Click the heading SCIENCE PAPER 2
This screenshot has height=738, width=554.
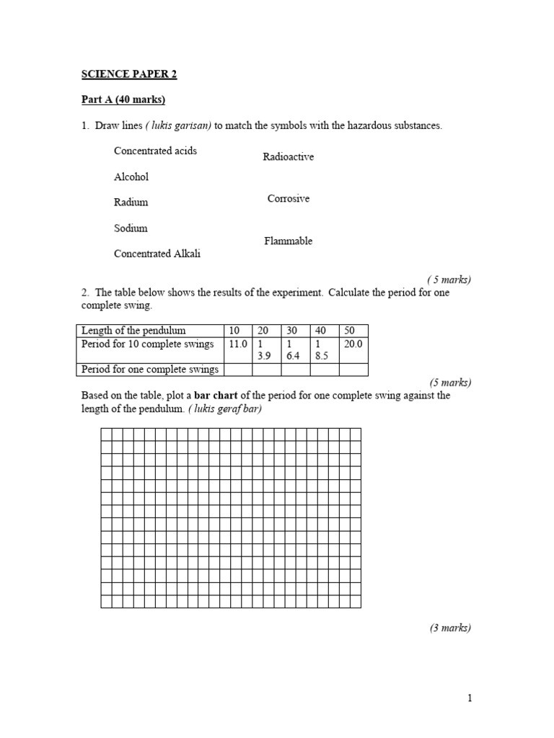(128, 74)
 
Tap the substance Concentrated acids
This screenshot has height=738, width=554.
(155, 151)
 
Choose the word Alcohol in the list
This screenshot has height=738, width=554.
(131, 177)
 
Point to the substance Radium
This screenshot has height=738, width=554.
(131, 203)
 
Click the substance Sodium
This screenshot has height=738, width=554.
(131, 228)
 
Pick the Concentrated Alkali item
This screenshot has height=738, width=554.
(157, 254)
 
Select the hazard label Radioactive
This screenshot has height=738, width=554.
(288, 157)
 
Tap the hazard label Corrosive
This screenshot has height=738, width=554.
(288, 199)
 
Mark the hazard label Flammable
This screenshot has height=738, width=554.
(288, 241)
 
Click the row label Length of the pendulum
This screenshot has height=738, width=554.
(133, 331)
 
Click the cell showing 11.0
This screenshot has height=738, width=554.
(237, 344)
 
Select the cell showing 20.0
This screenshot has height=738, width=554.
(353, 344)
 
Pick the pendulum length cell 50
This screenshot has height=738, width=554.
(350, 331)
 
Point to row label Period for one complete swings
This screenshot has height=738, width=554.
(149, 370)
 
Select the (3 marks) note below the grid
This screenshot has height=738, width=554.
(450, 628)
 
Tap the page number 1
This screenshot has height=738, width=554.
(469, 698)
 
